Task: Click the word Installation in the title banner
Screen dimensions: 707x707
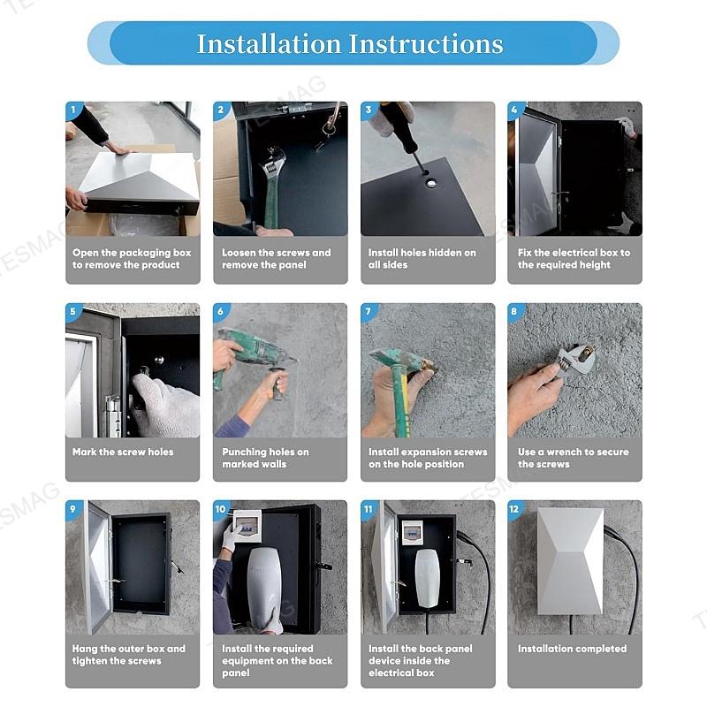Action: click(x=269, y=43)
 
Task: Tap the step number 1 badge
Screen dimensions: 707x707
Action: click(x=73, y=110)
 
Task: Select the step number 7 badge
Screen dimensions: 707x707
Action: click(x=369, y=311)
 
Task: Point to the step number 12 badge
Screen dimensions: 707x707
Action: click(x=514, y=509)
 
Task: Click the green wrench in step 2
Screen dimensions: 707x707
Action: click(x=272, y=185)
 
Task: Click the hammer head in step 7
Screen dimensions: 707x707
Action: click(x=403, y=359)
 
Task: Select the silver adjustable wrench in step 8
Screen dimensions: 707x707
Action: click(x=576, y=360)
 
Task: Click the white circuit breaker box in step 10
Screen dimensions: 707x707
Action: click(x=247, y=524)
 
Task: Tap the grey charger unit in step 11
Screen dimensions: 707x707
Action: click(x=427, y=578)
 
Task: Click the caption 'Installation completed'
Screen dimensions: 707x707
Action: click(x=572, y=649)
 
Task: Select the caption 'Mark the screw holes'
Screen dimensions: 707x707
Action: click(x=123, y=452)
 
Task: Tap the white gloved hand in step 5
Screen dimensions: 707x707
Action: click(x=165, y=404)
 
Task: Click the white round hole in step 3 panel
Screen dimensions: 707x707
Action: click(x=431, y=183)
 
